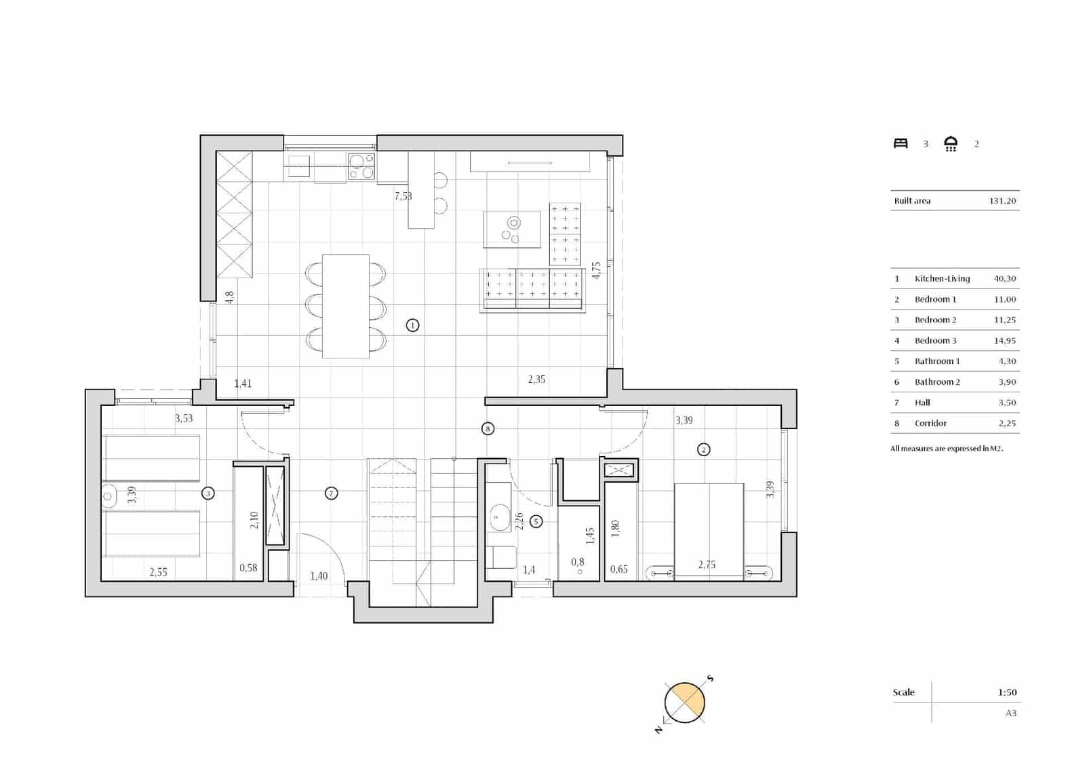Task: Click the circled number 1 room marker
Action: (412, 325)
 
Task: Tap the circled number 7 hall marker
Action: (331, 493)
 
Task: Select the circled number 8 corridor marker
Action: (488, 428)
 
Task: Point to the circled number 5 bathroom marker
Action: (536, 521)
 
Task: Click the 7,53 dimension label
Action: (403, 196)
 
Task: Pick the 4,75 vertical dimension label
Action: (596, 270)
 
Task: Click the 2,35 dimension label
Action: (536, 379)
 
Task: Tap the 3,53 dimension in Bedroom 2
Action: (184, 418)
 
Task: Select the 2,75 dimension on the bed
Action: (707, 565)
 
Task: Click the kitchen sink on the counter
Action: (298, 164)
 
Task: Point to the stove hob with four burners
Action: (361, 166)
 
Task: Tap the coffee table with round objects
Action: (511, 229)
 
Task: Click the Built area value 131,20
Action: (1002, 201)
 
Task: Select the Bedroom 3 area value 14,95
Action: (1004, 341)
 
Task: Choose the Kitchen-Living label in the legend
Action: (942, 278)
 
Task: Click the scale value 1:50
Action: (1007, 692)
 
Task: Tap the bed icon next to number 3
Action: (901, 143)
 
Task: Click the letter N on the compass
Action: (658, 730)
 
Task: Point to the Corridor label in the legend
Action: (930, 423)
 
